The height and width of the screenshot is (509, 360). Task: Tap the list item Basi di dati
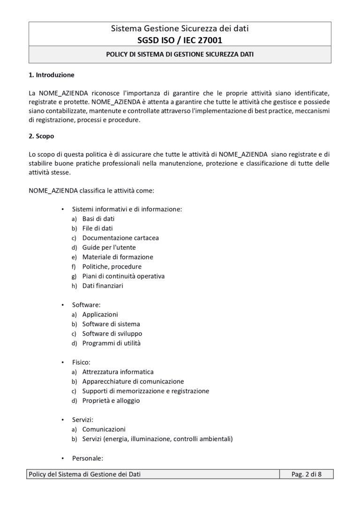tap(98, 218)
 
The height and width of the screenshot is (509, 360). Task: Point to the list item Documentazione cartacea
tap(120, 238)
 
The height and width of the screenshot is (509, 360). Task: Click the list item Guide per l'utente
tap(109, 247)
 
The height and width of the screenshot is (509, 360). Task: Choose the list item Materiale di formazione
tap(118, 257)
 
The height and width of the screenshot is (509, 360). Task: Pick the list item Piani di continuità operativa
tap(123, 276)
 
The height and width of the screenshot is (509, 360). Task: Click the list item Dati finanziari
tap(103, 285)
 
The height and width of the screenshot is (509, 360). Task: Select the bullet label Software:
tap(86, 305)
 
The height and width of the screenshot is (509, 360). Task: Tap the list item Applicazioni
tap(100, 314)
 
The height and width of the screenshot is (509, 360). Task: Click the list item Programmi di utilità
tap(111, 343)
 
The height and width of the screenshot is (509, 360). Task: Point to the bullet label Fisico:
tap(82, 362)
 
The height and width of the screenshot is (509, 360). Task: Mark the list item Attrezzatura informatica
tap(118, 372)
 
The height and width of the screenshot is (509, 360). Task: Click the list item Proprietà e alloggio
tap(111, 401)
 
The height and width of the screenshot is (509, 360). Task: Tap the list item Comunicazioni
tap(104, 429)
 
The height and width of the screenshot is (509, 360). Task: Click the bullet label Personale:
tap(87, 458)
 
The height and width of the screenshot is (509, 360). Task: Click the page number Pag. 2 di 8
tap(307, 474)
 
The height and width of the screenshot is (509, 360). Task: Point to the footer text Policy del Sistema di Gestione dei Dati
tap(85, 474)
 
